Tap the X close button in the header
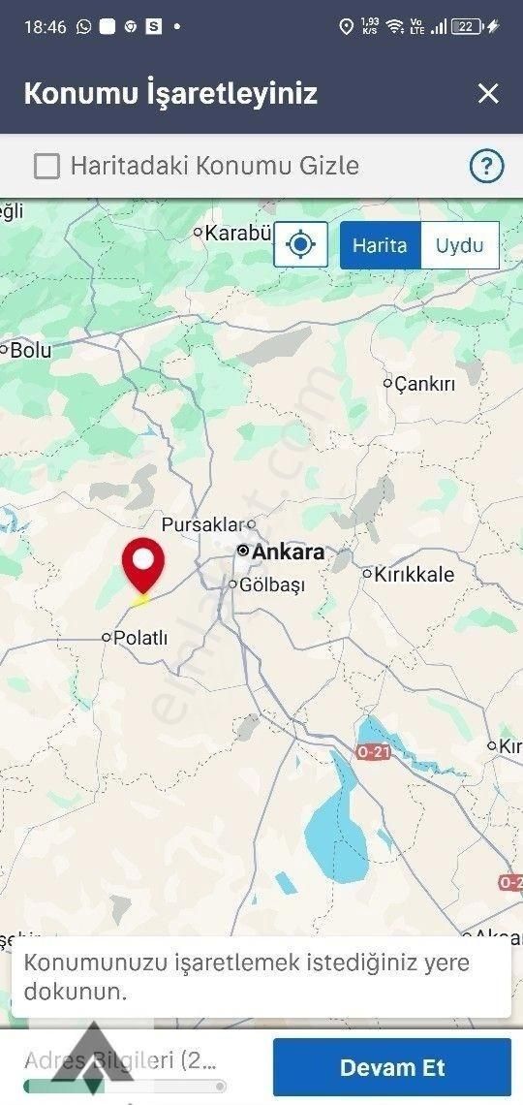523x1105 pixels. coord(488,93)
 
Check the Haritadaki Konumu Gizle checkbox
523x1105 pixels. coord(46,167)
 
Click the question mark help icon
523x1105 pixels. coord(486,167)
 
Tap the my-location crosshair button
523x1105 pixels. coord(301,244)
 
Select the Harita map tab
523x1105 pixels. coord(380,245)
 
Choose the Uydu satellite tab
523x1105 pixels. coord(459,245)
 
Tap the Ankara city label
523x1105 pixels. coord(288,552)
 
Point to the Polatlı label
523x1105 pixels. coord(140,638)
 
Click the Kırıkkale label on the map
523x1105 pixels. coord(415,574)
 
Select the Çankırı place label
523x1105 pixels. coord(424,384)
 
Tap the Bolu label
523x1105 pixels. coord(30,351)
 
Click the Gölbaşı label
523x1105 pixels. coord(271,585)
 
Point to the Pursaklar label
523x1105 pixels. coord(200,524)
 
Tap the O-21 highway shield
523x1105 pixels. coord(373,752)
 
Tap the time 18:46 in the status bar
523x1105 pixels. coord(45,27)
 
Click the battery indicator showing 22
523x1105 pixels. coord(467,27)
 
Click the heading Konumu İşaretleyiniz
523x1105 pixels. coord(170,94)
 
